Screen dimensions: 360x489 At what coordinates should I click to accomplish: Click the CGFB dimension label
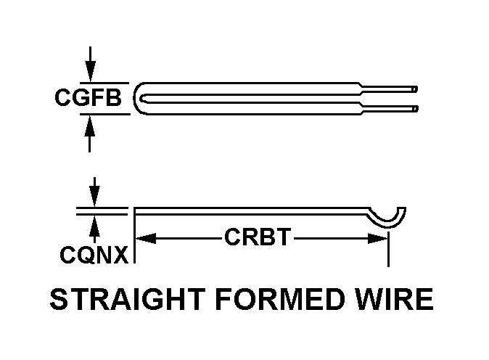coord(88,98)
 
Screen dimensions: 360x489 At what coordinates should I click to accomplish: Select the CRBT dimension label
coord(258,238)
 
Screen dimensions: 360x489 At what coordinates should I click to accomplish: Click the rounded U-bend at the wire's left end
coord(141,98)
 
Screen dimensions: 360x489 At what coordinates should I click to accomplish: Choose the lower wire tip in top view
coord(414,108)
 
